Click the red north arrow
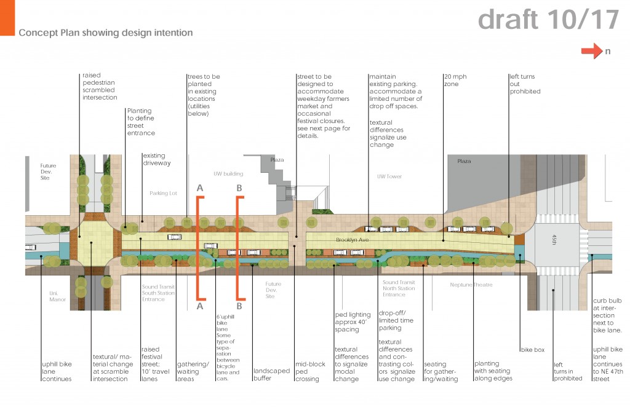point(591,52)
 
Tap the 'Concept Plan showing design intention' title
point(105,33)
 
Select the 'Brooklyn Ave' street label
point(351,240)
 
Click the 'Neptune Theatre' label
point(472,285)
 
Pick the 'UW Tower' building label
point(389,176)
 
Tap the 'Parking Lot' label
point(163,193)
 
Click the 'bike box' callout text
point(532,350)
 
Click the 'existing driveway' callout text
point(157,159)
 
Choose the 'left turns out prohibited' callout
point(524,84)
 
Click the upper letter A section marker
point(199,187)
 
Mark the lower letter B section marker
point(239,306)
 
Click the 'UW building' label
point(228,174)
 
